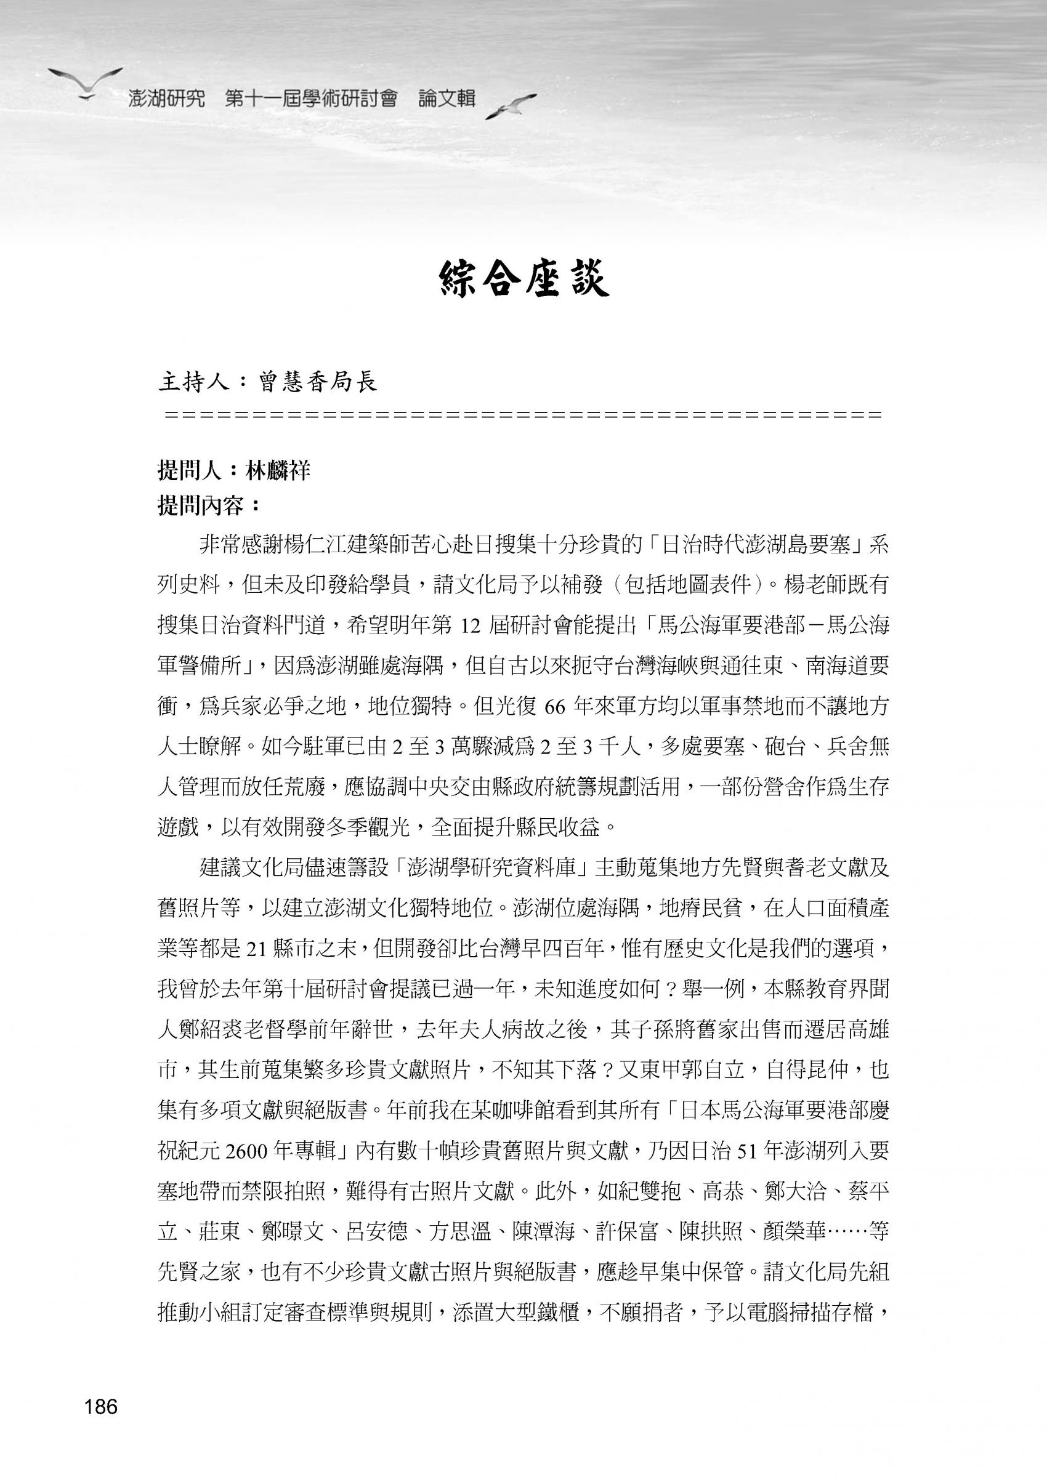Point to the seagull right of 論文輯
[510, 106]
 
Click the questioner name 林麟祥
[278, 471]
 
